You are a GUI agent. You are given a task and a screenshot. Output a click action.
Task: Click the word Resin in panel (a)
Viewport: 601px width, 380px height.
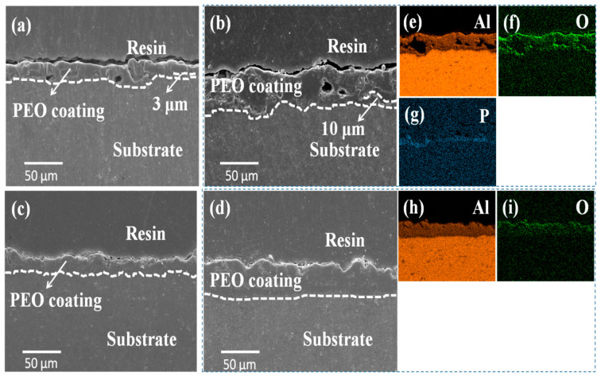[x=147, y=48]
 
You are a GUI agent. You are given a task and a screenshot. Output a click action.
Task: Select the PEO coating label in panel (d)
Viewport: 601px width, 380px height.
[x=256, y=281]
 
